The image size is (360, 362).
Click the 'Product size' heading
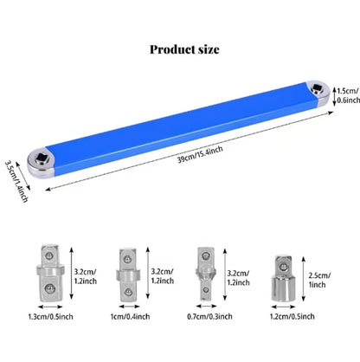(184, 49)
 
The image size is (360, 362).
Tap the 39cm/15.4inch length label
(200, 154)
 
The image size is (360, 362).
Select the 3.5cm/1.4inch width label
(16, 181)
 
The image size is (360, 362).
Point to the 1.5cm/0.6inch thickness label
(349, 95)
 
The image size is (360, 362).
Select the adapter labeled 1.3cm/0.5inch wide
(50, 273)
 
